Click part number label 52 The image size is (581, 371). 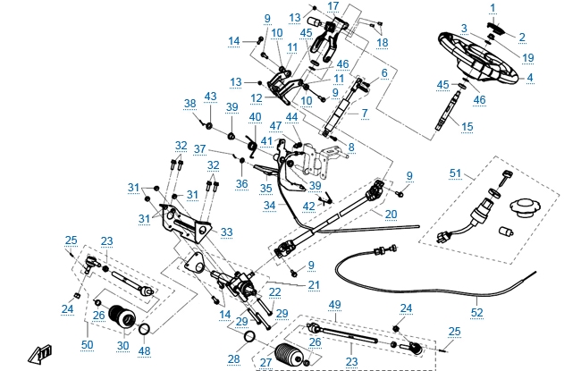pyautogui.click(x=476, y=313)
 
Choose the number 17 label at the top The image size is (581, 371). pyautogui.click(x=333, y=6)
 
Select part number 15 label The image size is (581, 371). pyautogui.click(x=467, y=128)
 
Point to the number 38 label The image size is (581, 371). pyautogui.click(x=190, y=104)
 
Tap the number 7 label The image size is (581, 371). pyautogui.click(x=364, y=114)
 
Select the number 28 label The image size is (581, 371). pyautogui.click(x=233, y=358)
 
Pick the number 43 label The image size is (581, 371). pyautogui.click(x=211, y=96)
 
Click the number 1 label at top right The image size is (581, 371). pyautogui.click(x=491, y=7)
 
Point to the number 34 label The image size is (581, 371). pyautogui.click(x=269, y=206)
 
